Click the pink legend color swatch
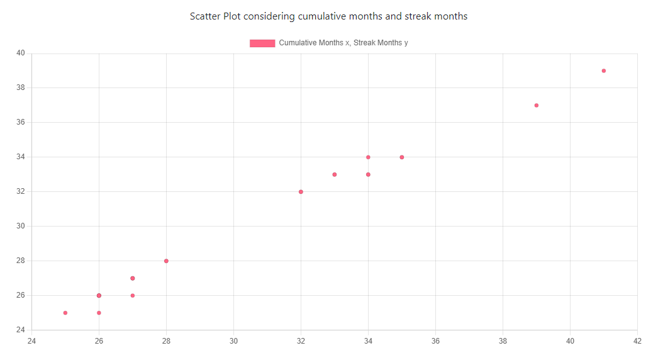[262, 43]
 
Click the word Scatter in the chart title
[205, 16]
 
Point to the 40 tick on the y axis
[20, 53]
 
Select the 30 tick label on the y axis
[20, 226]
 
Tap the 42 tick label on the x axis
[637, 341]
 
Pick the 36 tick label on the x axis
[435, 341]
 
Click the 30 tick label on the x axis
[233, 341]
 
